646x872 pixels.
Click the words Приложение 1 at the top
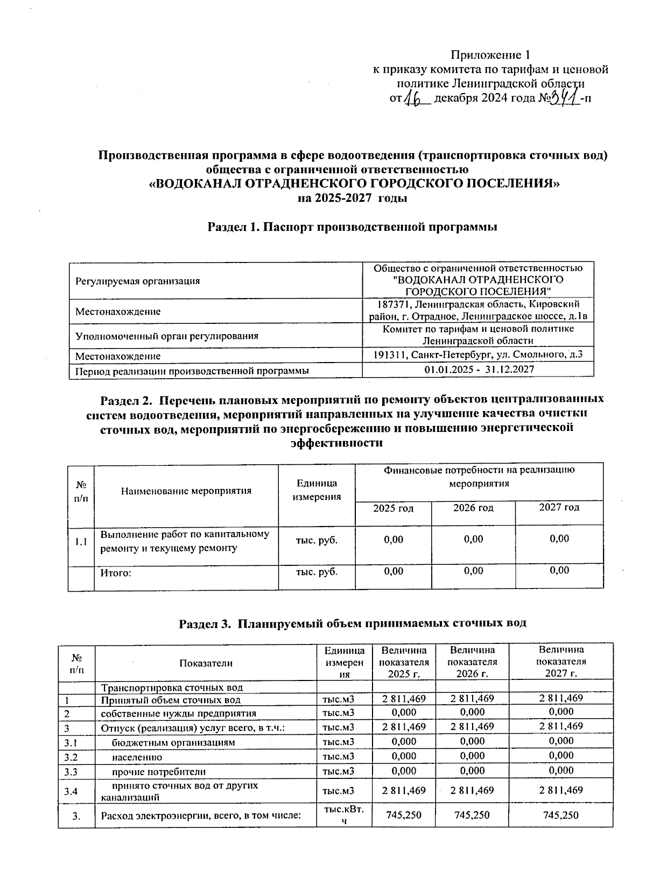point(490,55)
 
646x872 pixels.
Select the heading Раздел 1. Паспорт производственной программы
point(352,227)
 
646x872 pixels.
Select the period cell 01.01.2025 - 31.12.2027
point(479,370)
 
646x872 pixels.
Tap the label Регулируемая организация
point(137,281)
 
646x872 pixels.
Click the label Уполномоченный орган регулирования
point(167,336)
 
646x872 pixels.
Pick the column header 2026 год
point(473,507)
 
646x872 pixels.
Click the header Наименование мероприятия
point(186,491)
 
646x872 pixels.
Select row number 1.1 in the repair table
point(81,542)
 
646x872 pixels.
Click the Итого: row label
point(116,572)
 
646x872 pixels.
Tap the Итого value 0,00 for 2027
point(559,570)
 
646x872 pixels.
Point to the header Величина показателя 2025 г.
point(404,662)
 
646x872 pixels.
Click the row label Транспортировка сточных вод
point(172,687)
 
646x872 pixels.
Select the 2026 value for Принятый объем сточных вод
point(472,698)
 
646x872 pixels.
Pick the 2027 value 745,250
point(561,815)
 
